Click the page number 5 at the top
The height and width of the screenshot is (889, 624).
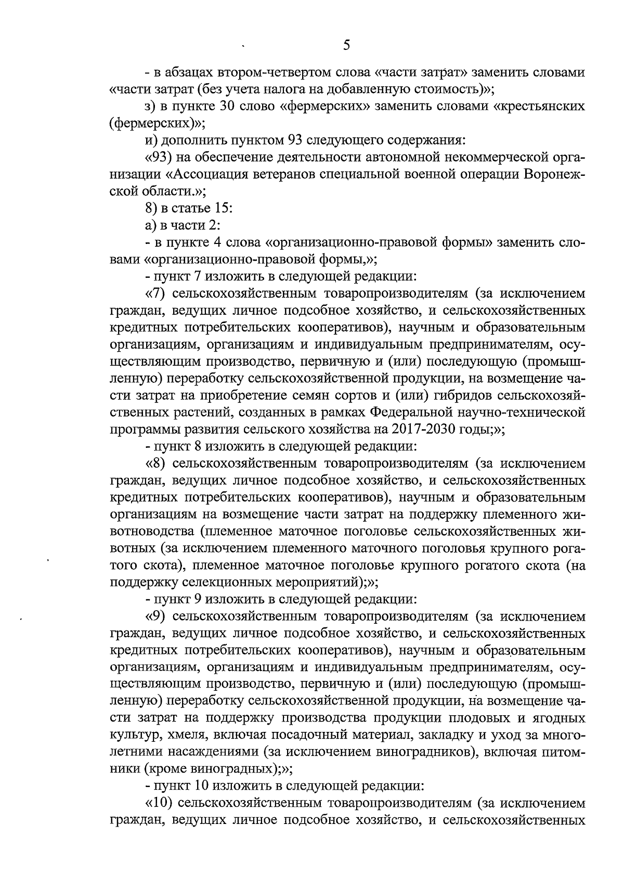coord(346,45)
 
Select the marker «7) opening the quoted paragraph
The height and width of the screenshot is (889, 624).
coord(155,293)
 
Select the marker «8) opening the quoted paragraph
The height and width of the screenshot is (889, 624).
coord(155,463)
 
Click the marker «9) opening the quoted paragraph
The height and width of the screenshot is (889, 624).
coord(155,616)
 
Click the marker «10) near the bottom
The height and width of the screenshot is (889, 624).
coord(158,803)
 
